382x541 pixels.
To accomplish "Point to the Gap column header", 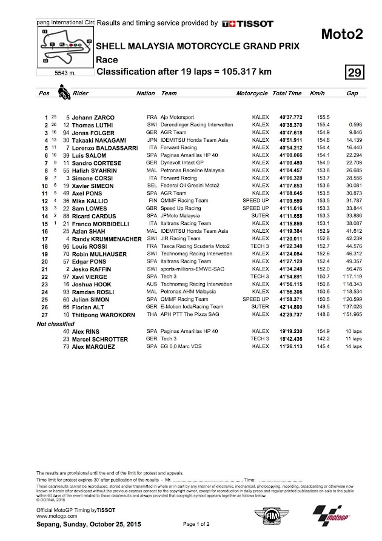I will coord(352,94).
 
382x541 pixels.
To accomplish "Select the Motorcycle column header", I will coord(252,94).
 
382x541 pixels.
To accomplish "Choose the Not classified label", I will coord(56,324).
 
